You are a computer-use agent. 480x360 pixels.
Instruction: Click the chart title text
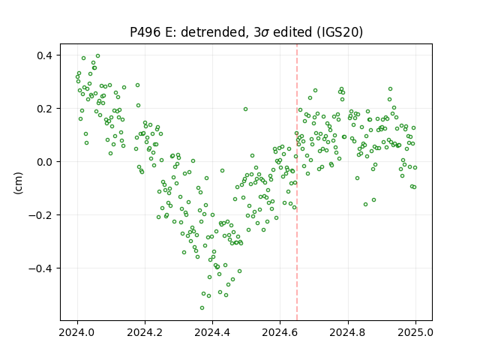246,32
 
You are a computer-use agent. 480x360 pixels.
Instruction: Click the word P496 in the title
145,32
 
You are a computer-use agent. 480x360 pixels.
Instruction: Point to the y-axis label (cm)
18,183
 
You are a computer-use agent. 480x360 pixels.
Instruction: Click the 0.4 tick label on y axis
45,55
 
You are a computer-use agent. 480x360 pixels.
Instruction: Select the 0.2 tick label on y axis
45,109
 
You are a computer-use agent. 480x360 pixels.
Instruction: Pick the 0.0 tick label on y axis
45,162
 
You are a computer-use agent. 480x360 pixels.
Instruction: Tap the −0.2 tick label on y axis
40,215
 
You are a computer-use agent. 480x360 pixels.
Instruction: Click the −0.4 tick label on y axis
40,268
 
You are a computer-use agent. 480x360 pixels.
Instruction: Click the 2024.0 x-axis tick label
77,332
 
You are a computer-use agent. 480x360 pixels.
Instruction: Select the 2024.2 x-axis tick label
145,332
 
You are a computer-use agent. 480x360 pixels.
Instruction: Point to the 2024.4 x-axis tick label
212,332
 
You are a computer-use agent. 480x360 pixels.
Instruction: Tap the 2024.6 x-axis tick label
280,332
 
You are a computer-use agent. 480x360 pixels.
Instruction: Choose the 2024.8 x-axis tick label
348,332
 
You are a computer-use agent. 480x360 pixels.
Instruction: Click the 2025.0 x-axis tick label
415,332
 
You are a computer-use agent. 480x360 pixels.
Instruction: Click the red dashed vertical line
297,182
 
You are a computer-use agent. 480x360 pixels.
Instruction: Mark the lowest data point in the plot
202,307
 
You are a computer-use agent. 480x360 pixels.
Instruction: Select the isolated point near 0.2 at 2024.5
245,109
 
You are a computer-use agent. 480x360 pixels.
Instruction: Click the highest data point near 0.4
98,55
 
